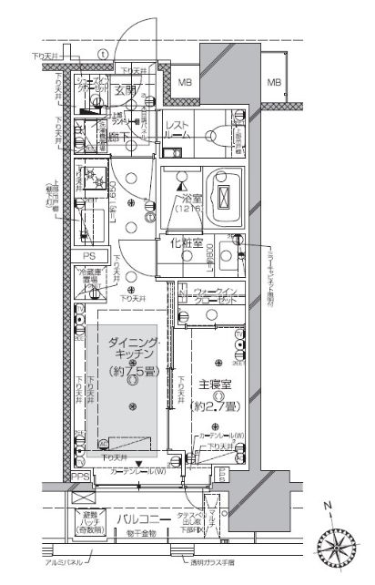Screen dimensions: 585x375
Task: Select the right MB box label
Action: pyautogui.click(x=273, y=84)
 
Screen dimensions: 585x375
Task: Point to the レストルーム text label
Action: pyautogui.click(x=178, y=128)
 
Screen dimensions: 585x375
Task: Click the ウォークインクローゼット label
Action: pyautogui.click(x=217, y=298)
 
